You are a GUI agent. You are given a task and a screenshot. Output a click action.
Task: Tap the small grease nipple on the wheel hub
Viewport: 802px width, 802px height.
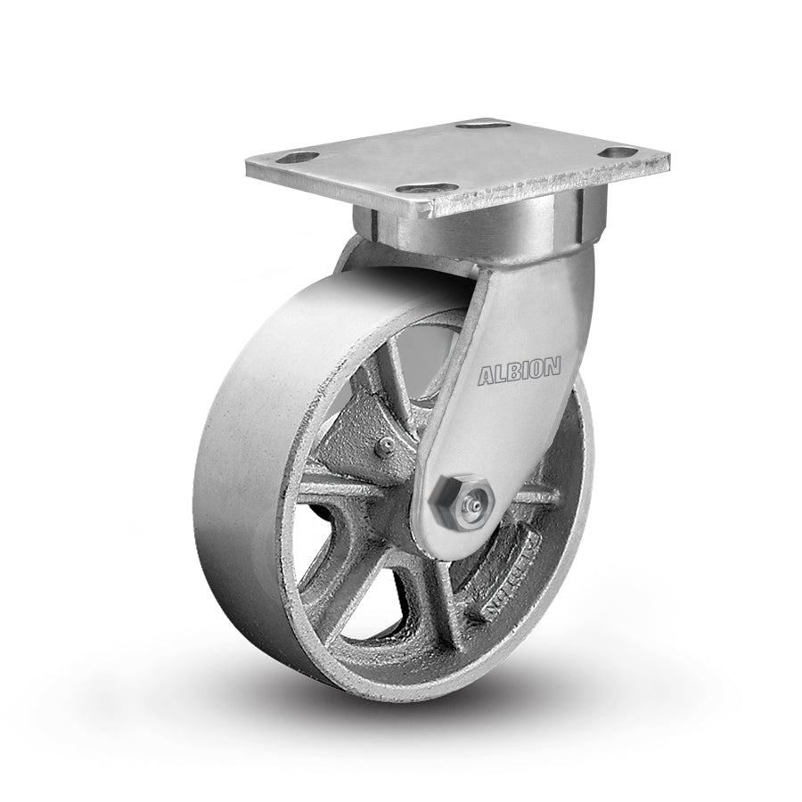(x=382, y=448)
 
